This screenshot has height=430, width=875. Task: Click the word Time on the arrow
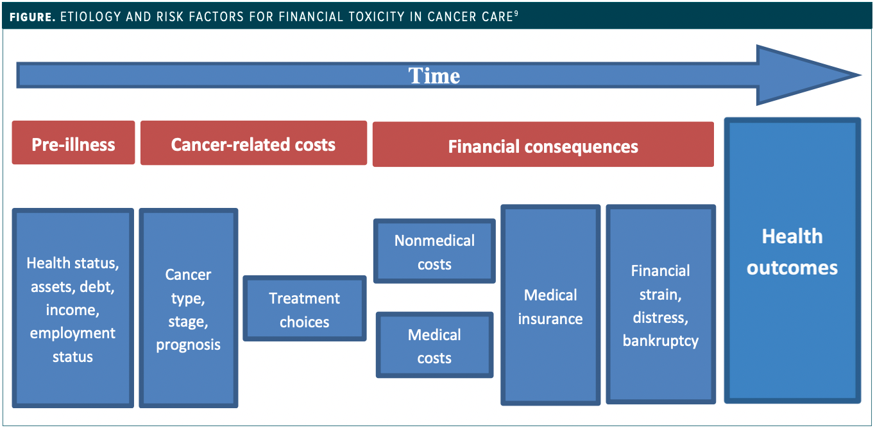pos(434,76)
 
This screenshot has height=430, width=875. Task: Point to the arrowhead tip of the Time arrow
pos(861,75)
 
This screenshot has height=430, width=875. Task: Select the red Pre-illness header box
pos(73,142)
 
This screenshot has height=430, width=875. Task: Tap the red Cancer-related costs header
pos(253,143)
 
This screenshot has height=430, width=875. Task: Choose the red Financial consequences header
pos(543,144)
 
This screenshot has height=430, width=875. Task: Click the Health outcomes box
pos(792,261)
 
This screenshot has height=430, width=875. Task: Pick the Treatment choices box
pos(305,309)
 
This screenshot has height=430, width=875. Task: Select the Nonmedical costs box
pos(434,251)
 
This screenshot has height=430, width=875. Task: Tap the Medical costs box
pos(434,345)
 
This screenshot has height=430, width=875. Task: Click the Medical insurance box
pos(550,305)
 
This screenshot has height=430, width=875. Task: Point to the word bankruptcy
pos(661,341)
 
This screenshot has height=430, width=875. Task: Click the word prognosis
pos(189,345)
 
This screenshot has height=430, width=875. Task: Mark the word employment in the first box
pos(72,334)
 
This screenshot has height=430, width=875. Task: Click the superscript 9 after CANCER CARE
pos(516,13)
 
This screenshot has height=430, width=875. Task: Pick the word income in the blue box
pos(72,311)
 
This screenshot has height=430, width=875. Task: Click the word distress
pos(661,318)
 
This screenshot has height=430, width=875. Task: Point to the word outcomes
pos(792,268)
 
